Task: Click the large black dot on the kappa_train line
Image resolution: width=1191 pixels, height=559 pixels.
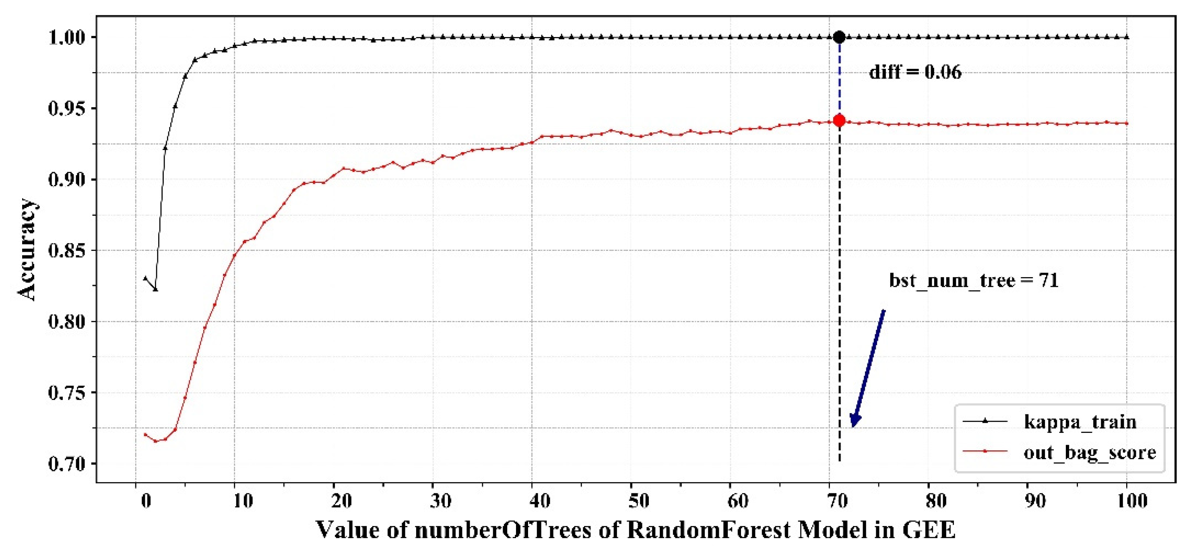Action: coord(839,37)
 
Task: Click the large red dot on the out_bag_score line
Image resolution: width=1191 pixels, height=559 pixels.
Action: coord(839,121)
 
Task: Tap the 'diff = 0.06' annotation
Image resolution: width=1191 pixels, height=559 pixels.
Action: coord(915,72)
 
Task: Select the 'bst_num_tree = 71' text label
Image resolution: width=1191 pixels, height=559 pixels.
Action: coord(974,280)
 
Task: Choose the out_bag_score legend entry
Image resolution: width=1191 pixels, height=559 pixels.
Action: coord(1059,451)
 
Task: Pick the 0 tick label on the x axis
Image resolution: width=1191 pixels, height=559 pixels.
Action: coord(146,501)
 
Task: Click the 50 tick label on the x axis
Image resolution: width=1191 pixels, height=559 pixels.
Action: coord(638,501)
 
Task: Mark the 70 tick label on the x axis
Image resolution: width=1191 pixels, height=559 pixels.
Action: coord(837,501)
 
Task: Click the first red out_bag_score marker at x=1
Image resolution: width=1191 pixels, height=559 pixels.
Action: coord(146,435)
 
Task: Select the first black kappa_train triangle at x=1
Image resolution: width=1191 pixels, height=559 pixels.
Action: coord(146,279)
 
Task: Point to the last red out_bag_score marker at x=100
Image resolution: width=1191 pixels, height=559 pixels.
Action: coord(1127,123)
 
